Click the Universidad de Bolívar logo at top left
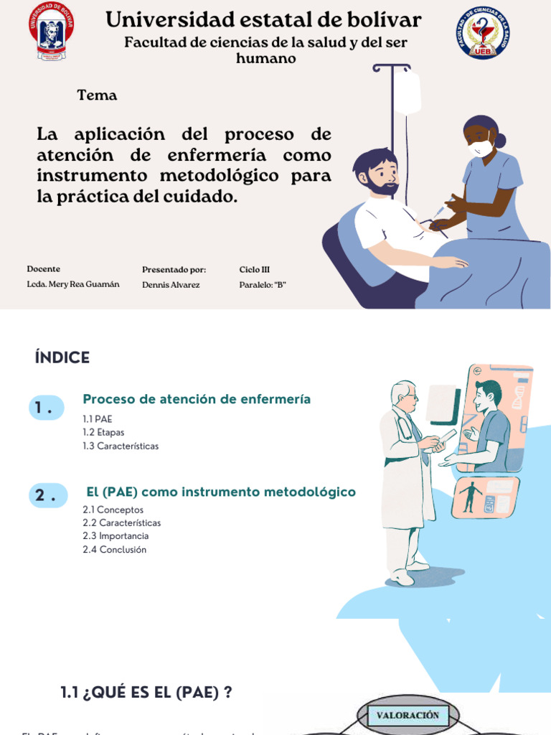(x=52, y=31)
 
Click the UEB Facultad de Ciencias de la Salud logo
(x=482, y=33)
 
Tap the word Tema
(x=97, y=95)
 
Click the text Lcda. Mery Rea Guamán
(x=73, y=284)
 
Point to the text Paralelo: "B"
(x=263, y=285)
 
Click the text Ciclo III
(x=254, y=269)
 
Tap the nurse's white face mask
(x=480, y=148)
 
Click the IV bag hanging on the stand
(x=408, y=92)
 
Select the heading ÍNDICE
(x=62, y=358)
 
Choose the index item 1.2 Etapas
(x=103, y=432)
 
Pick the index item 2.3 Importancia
(x=116, y=536)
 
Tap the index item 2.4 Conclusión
(x=114, y=550)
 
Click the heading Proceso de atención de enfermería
(x=197, y=399)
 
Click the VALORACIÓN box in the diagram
(x=408, y=716)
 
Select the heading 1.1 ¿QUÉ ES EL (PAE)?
(x=146, y=693)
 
